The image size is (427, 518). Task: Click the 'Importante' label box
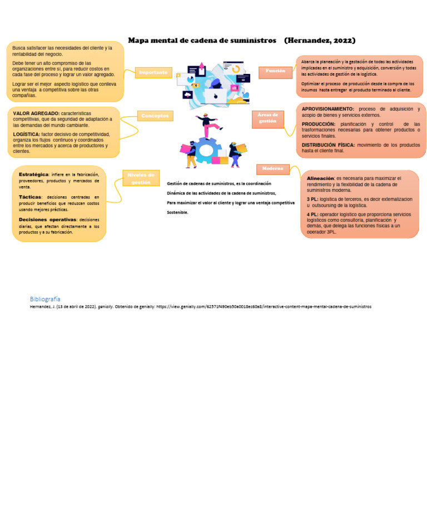click(153, 72)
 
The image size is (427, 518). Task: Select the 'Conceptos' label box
click(155, 116)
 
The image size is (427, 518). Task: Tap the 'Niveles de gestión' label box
click(141, 178)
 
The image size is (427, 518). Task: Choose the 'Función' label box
click(275, 72)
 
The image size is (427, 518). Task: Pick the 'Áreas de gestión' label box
click(267, 118)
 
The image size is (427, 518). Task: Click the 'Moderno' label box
click(273, 168)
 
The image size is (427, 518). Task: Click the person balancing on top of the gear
click(209, 125)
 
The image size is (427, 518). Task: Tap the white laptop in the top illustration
click(215, 96)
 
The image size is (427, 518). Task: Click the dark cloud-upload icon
click(187, 95)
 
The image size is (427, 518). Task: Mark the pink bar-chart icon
click(234, 88)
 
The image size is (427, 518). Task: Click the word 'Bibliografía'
click(45, 299)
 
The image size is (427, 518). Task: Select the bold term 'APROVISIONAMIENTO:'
click(327, 109)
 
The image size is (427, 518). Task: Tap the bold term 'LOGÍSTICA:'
click(27, 134)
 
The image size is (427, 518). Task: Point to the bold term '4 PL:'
click(312, 214)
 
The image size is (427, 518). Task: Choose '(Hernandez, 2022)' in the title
click(320, 41)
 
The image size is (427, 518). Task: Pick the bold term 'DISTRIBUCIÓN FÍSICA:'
click(328, 145)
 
